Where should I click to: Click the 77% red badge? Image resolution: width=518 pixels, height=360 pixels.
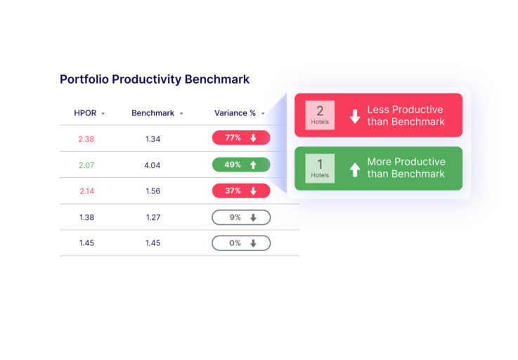click(240, 138)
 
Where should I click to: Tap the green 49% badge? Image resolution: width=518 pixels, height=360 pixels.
click(240, 165)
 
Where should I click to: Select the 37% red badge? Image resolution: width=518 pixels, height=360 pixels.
click(239, 191)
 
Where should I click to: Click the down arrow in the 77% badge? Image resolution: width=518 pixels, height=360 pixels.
click(253, 139)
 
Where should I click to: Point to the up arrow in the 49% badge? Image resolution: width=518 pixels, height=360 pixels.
click(253, 165)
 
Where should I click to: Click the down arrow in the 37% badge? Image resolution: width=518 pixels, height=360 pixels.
click(253, 191)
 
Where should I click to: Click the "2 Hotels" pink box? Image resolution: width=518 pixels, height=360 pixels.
click(320, 115)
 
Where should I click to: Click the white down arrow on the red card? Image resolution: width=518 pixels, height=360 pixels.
click(355, 116)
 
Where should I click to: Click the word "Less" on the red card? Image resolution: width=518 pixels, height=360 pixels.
click(378, 110)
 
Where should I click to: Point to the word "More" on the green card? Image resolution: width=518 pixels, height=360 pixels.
click(380, 162)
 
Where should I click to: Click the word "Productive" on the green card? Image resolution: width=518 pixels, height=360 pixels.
click(420, 162)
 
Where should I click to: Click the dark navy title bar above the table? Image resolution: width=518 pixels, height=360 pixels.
click(164, 82)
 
